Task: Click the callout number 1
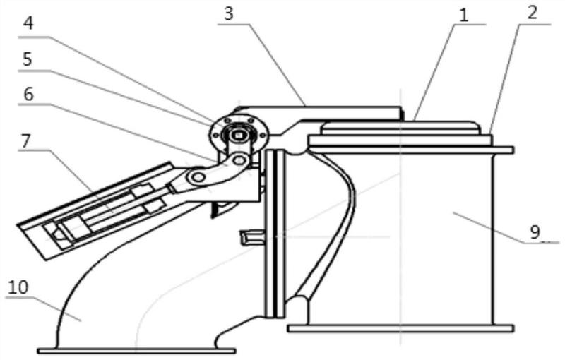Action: (464, 16)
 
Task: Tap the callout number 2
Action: (533, 12)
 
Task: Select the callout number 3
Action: (228, 13)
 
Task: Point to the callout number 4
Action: (28, 23)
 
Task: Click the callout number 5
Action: (28, 59)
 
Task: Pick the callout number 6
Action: (28, 95)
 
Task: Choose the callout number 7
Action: (25, 140)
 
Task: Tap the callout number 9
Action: (535, 232)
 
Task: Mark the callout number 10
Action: (18, 287)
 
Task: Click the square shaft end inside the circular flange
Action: (238, 135)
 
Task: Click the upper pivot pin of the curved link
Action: (239, 160)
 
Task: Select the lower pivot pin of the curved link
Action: (198, 176)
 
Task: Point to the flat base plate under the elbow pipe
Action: (136, 351)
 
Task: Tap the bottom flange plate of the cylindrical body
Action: (400, 328)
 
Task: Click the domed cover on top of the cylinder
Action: (401, 128)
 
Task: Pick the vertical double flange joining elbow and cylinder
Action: (275, 234)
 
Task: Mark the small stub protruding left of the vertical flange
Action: (253, 238)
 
